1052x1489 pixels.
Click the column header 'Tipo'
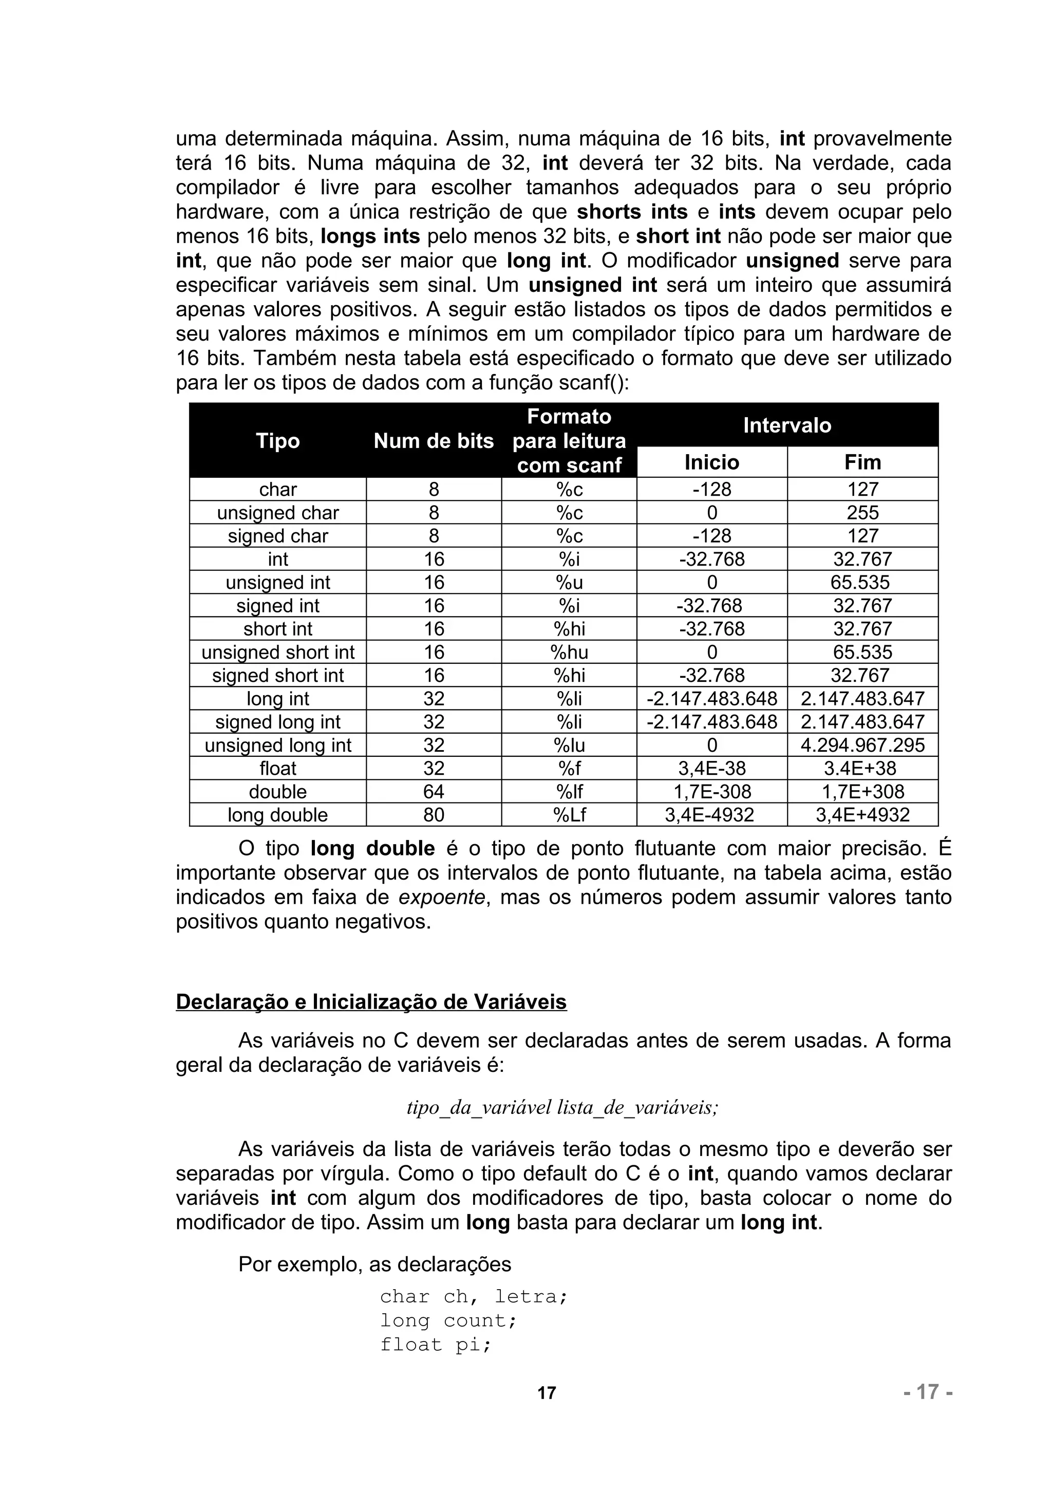(277, 441)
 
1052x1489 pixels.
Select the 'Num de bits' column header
(434, 441)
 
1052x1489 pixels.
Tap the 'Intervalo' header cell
(787, 425)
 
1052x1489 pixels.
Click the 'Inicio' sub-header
(712, 462)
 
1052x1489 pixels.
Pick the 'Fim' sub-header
(863, 462)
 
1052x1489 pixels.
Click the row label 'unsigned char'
(277, 513)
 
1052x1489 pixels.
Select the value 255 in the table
(863, 513)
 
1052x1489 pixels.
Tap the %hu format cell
(569, 653)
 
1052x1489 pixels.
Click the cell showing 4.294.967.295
(863, 745)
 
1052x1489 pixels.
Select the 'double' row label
(277, 792)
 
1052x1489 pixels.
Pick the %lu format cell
(569, 745)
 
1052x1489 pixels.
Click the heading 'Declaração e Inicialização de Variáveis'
(371, 1002)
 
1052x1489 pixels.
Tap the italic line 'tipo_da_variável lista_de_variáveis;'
(562, 1107)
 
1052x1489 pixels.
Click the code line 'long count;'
(448, 1320)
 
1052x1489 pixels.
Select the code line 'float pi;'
(436, 1345)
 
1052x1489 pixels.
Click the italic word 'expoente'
(441, 898)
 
